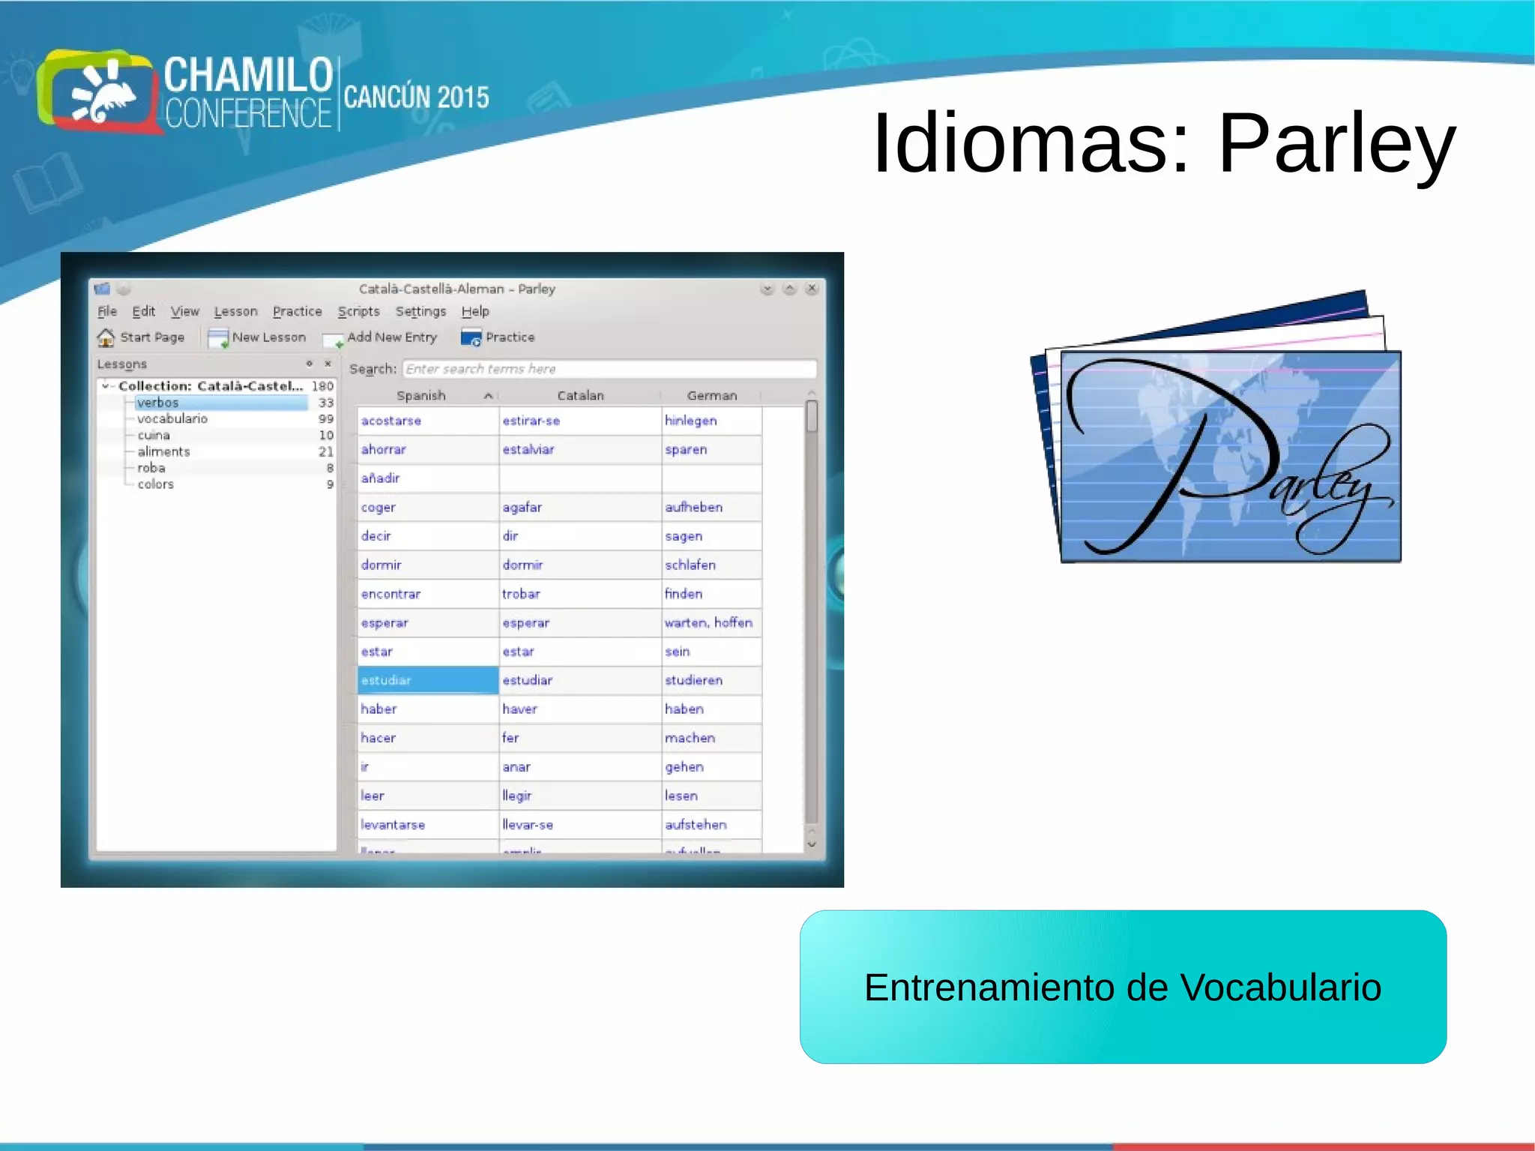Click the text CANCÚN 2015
(x=416, y=97)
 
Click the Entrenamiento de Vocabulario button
(x=1122, y=987)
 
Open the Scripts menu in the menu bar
(x=358, y=311)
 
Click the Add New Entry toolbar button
(x=381, y=337)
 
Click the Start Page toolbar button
(x=142, y=337)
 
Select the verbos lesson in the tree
(x=158, y=403)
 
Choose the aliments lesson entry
(x=163, y=451)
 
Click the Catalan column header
(x=580, y=395)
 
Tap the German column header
(x=711, y=395)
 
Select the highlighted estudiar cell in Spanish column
(x=427, y=680)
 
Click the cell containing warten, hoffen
(x=709, y=622)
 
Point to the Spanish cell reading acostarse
(x=392, y=421)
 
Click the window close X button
(x=812, y=289)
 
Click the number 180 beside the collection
(x=322, y=386)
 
